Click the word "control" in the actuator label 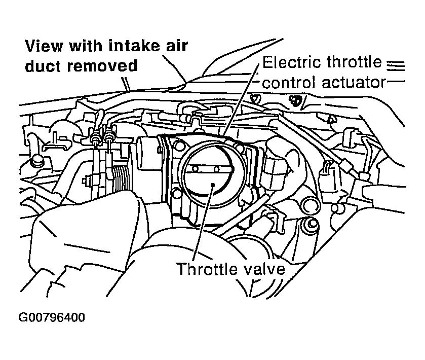click(290, 82)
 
